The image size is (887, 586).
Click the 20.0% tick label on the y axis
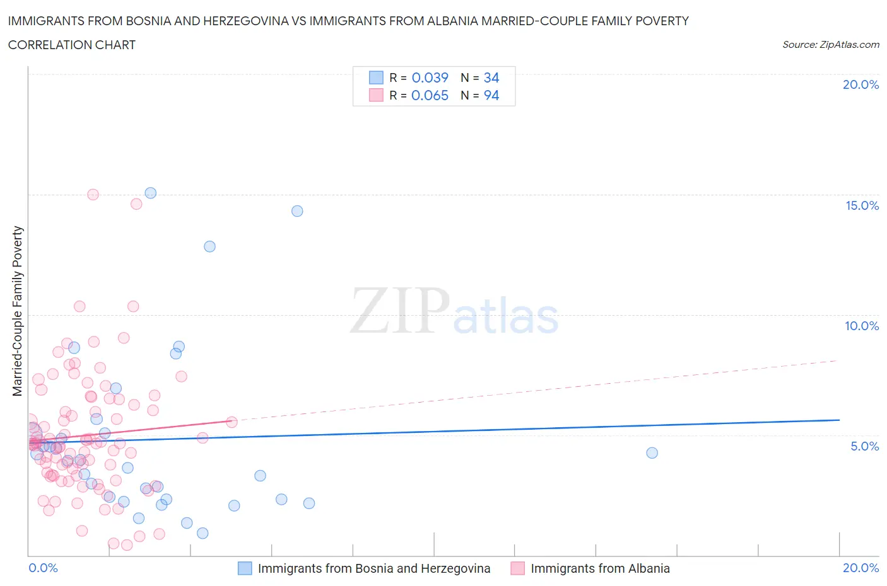coord(861,84)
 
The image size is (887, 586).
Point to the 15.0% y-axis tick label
coord(862,205)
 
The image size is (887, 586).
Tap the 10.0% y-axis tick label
coord(862,326)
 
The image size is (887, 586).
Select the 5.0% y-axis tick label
coord(864,446)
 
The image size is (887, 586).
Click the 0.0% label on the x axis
coord(43,568)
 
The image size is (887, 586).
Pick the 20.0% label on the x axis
coord(861,568)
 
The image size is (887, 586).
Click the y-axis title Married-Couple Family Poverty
coord(18,311)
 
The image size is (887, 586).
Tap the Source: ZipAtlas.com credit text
coord(830,44)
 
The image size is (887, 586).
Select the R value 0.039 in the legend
coord(430,78)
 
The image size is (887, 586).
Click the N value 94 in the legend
coord(491,95)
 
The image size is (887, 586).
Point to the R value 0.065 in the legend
coord(430,95)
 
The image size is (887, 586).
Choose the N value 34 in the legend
coord(491,78)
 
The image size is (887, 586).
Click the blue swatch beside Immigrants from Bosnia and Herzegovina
coord(245,568)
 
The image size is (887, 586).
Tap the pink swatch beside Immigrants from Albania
coord(517,568)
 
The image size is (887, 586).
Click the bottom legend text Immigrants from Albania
coord(600,568)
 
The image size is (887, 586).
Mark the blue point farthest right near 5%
coord(652,453)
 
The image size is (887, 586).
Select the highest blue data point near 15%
coord(150,193)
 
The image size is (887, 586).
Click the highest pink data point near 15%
coord(93,195)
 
